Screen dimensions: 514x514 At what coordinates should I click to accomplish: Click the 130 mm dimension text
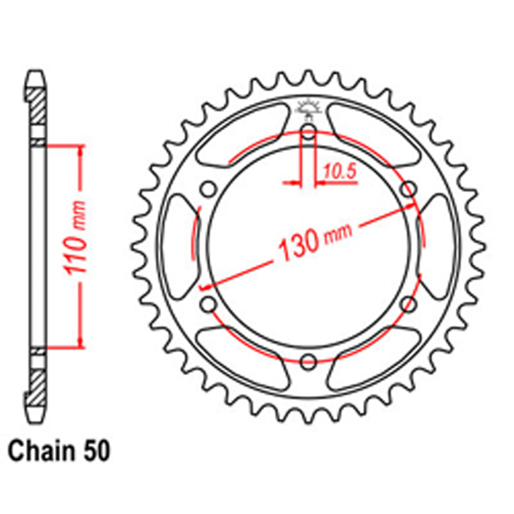click(x=315, y=238)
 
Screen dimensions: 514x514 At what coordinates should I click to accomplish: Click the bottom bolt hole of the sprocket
click(x=308, y=361)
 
